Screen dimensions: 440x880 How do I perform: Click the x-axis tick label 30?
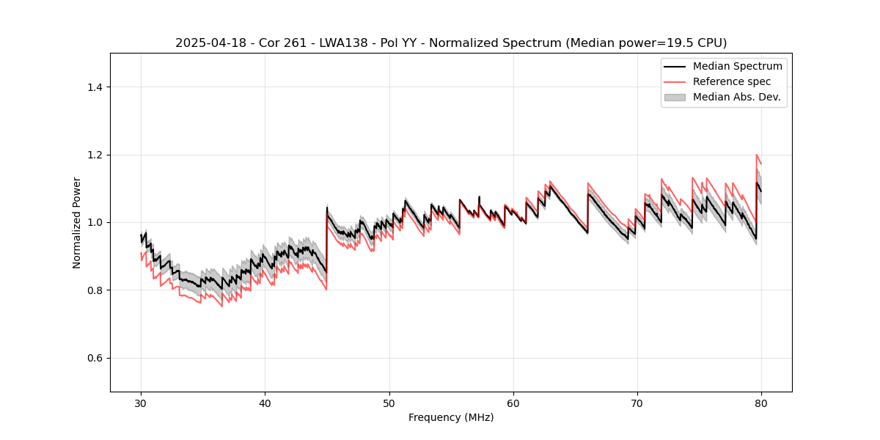(x=142, y=403)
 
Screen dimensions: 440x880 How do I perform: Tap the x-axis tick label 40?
(x=265, y=403)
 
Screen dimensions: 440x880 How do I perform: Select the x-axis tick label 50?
(x=389, y=403)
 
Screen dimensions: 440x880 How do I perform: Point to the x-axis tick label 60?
(x=513, y=403)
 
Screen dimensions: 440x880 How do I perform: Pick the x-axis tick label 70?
(x=637, y=403)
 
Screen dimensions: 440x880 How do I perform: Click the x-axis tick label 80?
(x=761, y=403)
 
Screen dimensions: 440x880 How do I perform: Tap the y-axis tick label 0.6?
(x=95, y=358)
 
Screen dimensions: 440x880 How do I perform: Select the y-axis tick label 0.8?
(x=95, y=290)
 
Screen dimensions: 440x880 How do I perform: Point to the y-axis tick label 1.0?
(x=95, y=222)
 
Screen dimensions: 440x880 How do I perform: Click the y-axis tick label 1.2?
(x=95, y=155)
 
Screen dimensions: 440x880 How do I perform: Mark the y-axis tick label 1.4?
(x=95, y=87)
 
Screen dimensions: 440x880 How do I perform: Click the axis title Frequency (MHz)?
(x=451, y=418)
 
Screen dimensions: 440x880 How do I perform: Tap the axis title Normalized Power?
(x=77, y=222)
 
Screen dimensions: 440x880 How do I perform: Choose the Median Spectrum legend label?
(x=737, y=67)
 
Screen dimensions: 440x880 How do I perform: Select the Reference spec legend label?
(x=732, y=81)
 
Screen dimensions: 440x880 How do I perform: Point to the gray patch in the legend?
(x=675, y=97)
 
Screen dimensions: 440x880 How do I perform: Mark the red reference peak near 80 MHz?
(x=756, y=155)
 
